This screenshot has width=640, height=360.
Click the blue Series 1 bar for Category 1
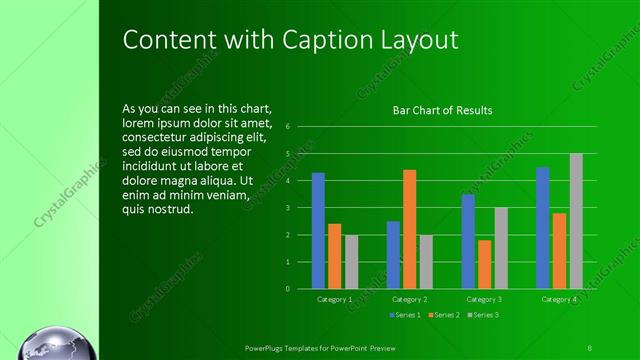coord(318,231)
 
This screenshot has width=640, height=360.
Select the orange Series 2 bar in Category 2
coord(409,229)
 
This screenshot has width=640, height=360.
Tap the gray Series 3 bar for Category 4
coord(576,221)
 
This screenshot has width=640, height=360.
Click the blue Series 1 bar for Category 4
coord(542,228)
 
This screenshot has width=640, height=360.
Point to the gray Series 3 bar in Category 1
coord(351,262)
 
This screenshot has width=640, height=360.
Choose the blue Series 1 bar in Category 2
coord(393,255)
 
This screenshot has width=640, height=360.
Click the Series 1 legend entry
coord(404,315)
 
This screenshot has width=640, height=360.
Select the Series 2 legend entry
coord(445,315)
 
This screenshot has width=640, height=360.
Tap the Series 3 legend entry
coord(484,315)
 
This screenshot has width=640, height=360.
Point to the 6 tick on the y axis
coord(287,127)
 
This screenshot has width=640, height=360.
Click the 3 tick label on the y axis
coord(287,208)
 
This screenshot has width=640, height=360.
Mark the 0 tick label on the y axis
coord(287,289)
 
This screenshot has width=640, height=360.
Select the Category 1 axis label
coord(334,299)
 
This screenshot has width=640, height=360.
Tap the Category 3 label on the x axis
coord(484,299)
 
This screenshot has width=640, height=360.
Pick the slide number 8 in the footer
coord(590,347)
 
